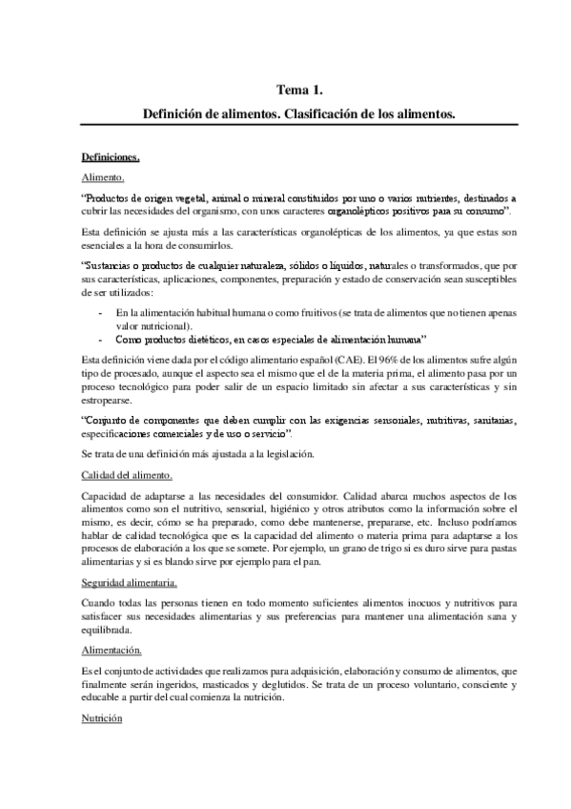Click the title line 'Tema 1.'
tap(299, 91)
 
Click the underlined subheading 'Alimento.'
tap(104, 176)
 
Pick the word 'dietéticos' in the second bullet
tap(212, 339)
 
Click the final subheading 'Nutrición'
tap(103, 717)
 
